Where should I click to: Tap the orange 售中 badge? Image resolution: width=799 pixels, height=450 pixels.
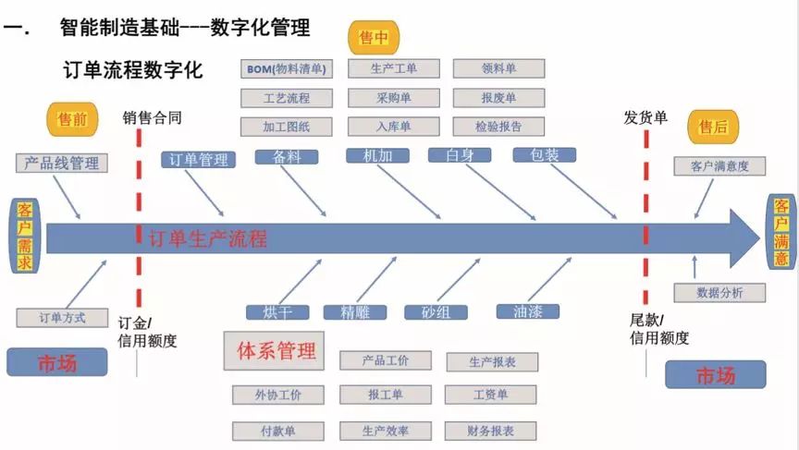pos(372,38)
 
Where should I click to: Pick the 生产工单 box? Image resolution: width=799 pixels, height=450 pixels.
pos(393,68)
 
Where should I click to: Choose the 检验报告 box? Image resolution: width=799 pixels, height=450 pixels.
pos(498,127)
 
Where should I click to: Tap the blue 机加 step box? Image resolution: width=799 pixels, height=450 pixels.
pos(377,155)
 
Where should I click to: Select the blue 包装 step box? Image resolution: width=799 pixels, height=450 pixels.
pos(545,155)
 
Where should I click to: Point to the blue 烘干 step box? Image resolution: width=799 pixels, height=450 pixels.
pos(277,311)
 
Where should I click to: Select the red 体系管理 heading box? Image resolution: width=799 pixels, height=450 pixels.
pos(277,351)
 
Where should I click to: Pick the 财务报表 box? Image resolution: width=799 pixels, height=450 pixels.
pos(491,431)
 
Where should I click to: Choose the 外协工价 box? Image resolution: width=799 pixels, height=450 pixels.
pos(278,395)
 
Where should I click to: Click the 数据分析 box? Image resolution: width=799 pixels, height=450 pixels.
pos(719,293)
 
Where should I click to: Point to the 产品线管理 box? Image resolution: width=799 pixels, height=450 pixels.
pos(62,164)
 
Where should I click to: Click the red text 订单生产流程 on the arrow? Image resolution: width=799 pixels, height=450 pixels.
pos(207,239)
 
